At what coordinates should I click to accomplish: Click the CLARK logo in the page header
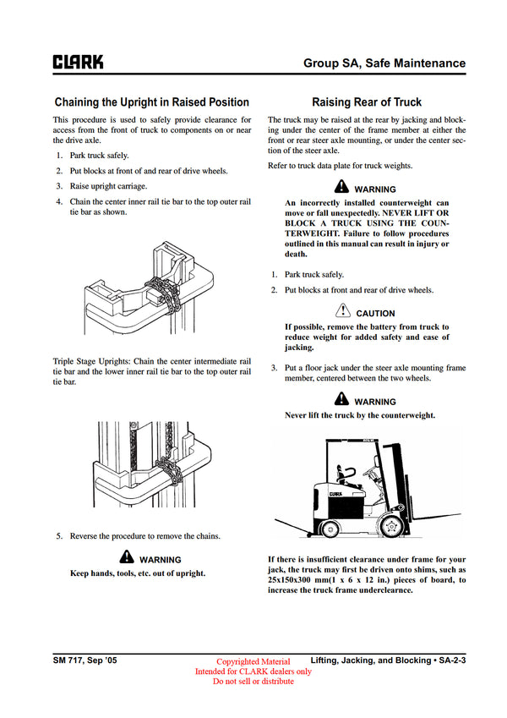click(79, 63)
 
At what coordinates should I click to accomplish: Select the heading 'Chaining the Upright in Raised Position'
click(151, 102)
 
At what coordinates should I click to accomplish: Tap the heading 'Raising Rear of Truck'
click(367, 102)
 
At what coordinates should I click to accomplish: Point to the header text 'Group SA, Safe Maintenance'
click(384, 63)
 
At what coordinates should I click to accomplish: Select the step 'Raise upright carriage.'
click(107, 186)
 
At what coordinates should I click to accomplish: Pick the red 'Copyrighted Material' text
click(253, 661)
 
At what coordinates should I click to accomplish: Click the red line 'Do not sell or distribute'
click(253, 682)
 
